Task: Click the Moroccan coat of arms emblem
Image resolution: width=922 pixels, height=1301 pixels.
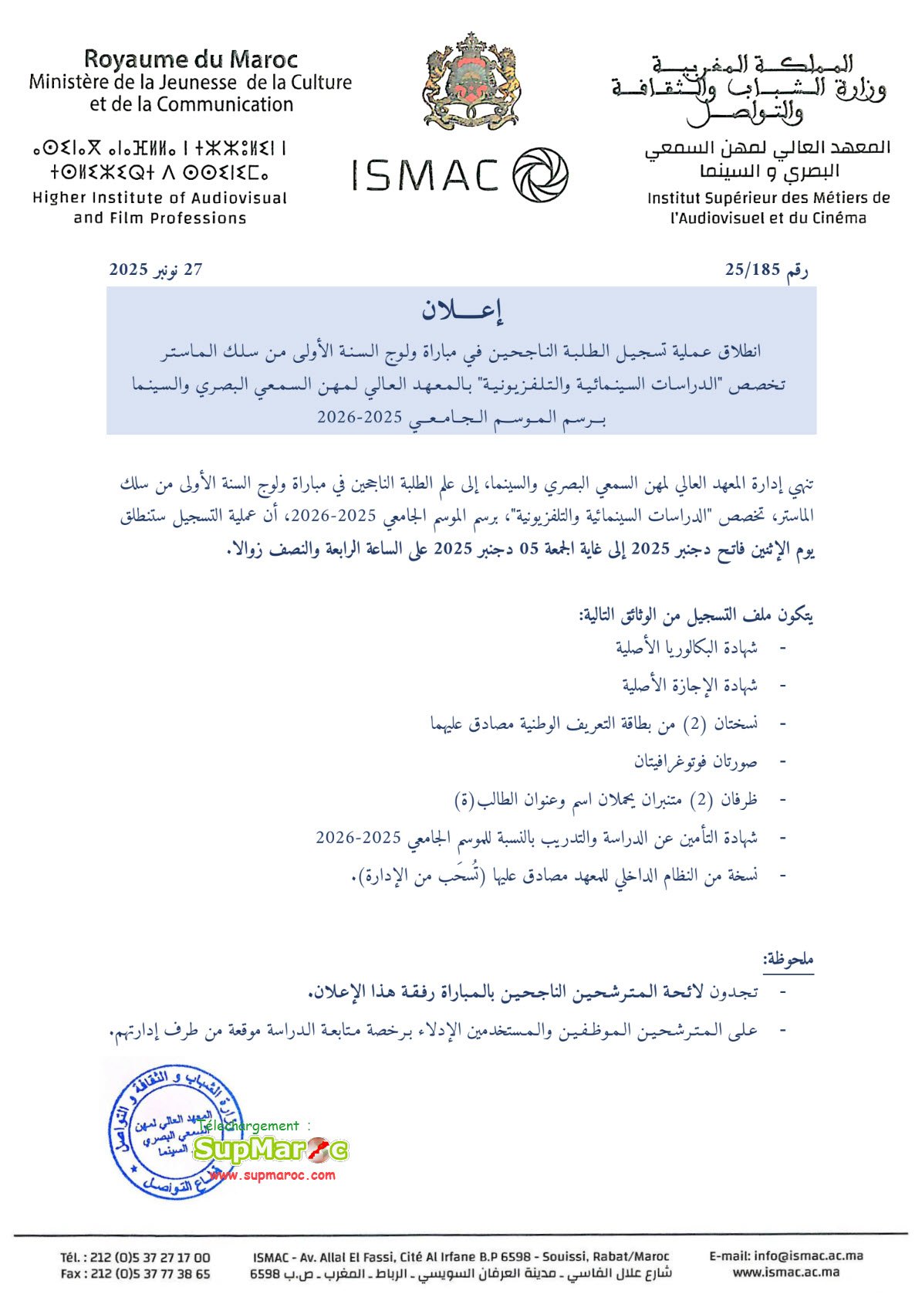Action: click(471, 81)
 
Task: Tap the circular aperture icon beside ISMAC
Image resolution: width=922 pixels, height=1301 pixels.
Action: click(540, 175)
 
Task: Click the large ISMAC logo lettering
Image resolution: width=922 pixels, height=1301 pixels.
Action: click(425, 175)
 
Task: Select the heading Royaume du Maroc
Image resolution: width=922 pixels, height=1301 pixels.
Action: click(191, 59)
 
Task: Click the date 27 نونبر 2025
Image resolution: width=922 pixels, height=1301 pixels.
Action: click(156, 269)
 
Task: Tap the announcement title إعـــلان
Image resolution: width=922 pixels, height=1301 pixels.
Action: click(461, 310)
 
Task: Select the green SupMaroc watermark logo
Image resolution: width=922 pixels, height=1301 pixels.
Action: click(270, 1150)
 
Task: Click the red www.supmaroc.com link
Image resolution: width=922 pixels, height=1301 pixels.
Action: click(272, 1175)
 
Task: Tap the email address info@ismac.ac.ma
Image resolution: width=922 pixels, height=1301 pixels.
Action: click(785, 1255)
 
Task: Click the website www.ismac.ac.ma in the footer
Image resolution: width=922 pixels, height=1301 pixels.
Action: click(785, 1272)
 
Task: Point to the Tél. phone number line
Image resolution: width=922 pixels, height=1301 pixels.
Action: click(135, 1257)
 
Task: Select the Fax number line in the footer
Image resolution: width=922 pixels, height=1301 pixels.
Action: click(135, 1274)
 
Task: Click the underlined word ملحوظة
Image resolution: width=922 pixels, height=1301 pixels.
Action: click(788, 960)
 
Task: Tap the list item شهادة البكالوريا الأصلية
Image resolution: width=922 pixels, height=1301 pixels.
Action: click(686, 647)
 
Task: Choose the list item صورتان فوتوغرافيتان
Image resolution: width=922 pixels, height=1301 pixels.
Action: click(695, 761)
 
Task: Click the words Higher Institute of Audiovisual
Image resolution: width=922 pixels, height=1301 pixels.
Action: click(160, 198)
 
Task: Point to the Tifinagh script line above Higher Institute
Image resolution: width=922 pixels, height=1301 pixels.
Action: click(160, 147)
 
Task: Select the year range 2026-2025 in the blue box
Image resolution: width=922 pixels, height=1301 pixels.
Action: click(360, 418)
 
